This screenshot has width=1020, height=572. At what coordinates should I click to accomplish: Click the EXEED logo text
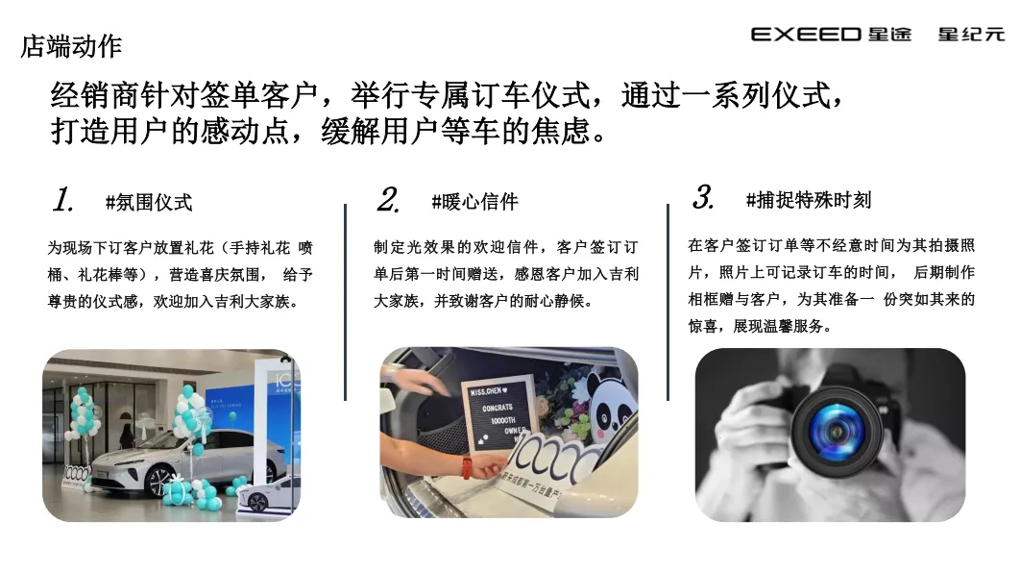[806, 35]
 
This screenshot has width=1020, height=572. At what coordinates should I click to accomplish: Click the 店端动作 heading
[71, 46]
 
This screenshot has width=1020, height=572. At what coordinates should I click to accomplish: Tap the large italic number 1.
[63, 200]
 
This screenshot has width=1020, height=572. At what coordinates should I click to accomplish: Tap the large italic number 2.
[388, 200]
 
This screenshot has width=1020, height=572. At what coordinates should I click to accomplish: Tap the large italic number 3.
[703, 197]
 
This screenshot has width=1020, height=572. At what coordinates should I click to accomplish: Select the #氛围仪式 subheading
[149, 202]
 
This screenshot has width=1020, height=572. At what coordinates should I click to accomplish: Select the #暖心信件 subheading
[474, 202]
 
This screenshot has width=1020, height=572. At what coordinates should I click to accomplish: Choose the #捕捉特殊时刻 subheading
[808, 200]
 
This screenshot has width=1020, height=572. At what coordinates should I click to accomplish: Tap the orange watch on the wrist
[467, 467]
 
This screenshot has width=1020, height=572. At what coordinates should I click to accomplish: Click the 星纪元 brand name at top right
[971, 35]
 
